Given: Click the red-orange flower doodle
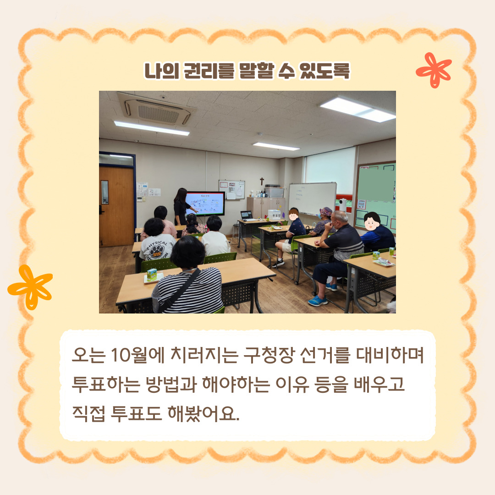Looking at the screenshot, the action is tap(434, 70).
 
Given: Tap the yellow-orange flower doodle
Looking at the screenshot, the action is tap(30, 287).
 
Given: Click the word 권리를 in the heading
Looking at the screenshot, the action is tap(209, 71).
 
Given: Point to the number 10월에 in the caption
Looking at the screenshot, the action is tap(137, 355).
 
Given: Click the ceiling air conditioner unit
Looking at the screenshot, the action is tap(157, 109).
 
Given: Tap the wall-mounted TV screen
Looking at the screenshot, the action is tap(205, 203).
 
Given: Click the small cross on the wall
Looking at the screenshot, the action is tap(262, 181).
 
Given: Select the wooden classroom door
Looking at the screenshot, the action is tap(116, 206).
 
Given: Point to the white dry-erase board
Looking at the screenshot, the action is tap(313, 198).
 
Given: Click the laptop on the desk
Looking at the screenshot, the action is tap(247, 216).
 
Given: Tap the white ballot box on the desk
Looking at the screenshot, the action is tap(275, 214).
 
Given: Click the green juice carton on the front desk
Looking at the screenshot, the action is tap(152, 275).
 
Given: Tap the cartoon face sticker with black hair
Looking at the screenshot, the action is tap(372, 221).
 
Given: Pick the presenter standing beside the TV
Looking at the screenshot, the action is tap(182, 207).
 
